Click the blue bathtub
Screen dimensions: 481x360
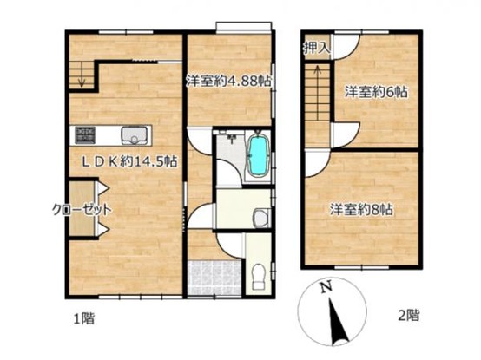tap(258, 155)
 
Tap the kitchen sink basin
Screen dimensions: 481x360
tap(134, 135)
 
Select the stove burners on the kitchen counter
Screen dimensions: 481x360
tap(86, 135)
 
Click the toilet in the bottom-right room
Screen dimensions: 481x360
tap(258, 277)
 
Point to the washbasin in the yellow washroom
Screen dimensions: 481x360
tap(261, 217)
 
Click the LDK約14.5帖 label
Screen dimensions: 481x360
tap(129, 161)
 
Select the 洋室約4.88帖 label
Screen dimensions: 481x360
tap(229, 82)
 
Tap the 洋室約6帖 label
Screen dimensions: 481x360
tap(376, 92)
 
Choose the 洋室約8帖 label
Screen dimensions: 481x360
tap(361, 210)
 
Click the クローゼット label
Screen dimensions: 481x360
tap(82, 210)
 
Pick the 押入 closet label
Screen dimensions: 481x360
tap(317, 48)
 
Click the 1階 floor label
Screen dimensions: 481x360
tap(83, 318)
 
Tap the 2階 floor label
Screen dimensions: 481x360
tap(409, 315)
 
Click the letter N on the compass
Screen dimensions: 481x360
tap(326, 287)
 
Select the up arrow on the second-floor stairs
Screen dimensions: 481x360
tap(318, 77)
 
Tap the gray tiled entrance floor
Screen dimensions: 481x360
tap(214, 278)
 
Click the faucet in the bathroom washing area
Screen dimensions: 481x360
tap(231, 139)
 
